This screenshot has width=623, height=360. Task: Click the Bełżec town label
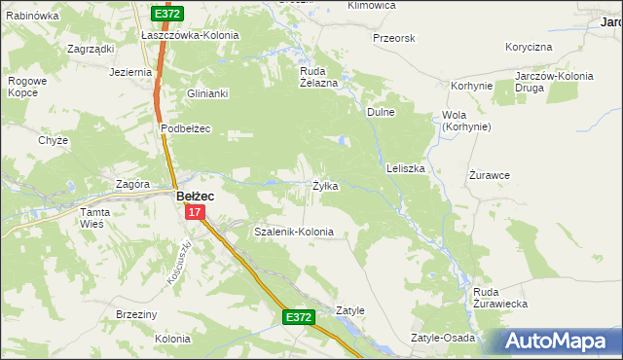tap(195, 196)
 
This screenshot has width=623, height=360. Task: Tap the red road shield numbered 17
tap(195, 212)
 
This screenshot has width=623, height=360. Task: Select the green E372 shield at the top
tap(166, 14)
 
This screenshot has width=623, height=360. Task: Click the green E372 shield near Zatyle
tap(299, 318)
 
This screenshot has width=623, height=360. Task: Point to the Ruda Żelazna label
tap(317, 77)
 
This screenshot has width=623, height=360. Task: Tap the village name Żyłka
tap(325, 186)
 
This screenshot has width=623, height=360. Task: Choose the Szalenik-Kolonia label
tap(293, 233)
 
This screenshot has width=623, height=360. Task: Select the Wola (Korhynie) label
tap(466, 121)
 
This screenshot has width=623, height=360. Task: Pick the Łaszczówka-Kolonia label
tap(190, 35)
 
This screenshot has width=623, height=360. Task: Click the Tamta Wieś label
tap(98, 218)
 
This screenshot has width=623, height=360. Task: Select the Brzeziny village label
tap(136, 314)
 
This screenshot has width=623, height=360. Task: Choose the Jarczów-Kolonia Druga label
tap(556, 82)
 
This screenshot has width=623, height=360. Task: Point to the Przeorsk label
tap(394, 38)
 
